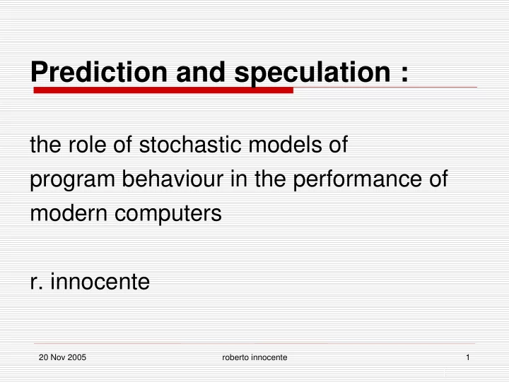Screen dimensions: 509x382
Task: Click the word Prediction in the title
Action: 99,71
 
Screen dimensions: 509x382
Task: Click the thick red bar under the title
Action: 163,90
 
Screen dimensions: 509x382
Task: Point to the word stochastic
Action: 191,144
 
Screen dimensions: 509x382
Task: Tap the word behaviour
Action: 172,179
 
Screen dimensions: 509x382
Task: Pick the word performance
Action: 358,180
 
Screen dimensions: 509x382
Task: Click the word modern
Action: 69,213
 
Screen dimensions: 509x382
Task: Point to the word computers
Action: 168,215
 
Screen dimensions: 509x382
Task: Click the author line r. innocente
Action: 90,281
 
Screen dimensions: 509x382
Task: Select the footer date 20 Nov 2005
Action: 62,357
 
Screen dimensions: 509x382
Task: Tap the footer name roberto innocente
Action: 255,357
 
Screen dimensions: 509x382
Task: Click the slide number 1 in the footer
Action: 468,357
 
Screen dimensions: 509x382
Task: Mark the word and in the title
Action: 201,71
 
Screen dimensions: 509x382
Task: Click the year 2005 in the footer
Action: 77,357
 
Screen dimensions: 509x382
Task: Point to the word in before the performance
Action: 239,179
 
